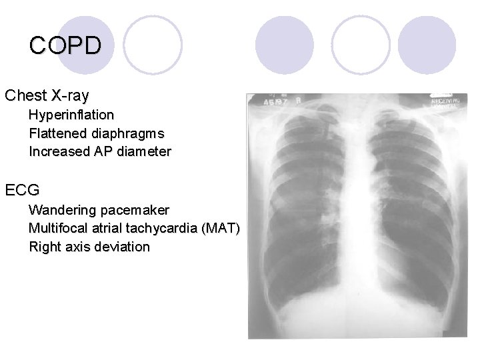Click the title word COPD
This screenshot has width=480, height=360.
(x=65, y=45)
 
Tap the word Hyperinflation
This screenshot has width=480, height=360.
(x=71, y=115)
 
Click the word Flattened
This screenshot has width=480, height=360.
(x=56, y=133)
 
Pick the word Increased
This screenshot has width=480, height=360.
(x=58, y=151)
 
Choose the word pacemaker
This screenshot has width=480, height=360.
(x=135, y=210)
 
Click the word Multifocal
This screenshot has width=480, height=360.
(x=58, y=228)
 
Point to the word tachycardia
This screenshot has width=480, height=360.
(x=165, y=228)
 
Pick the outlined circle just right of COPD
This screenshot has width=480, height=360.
(x=153, y=44)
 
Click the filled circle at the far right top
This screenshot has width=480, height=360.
(x=428, y=44)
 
